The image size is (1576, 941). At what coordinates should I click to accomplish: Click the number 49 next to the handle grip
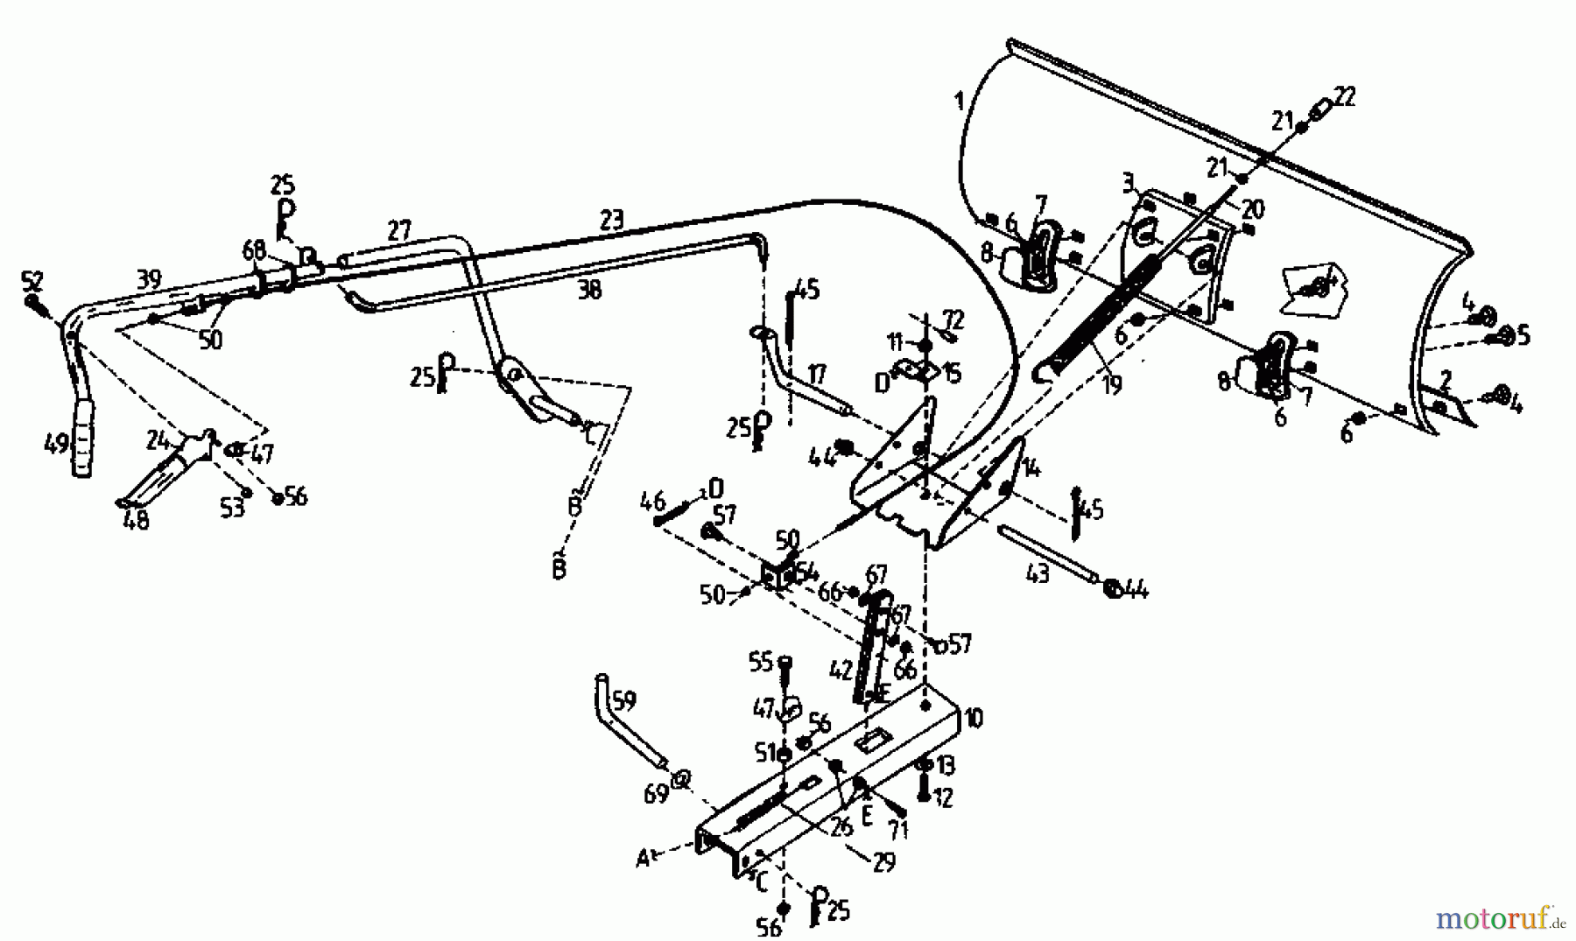(x=55, y=446)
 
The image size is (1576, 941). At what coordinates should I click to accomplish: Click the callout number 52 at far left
(x=32, y=282)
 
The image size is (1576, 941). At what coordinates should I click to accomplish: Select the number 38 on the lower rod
(x=590, y=290)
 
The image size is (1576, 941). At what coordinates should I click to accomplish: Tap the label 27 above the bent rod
(x=398, y=232)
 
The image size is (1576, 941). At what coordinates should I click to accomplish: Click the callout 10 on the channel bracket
(x=973, y=719)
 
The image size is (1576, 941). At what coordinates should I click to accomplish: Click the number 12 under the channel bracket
(x=944, y=797)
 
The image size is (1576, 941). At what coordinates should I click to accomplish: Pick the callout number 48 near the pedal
(x=137, y=520)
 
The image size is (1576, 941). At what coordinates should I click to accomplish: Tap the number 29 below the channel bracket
(x=883, y=862)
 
